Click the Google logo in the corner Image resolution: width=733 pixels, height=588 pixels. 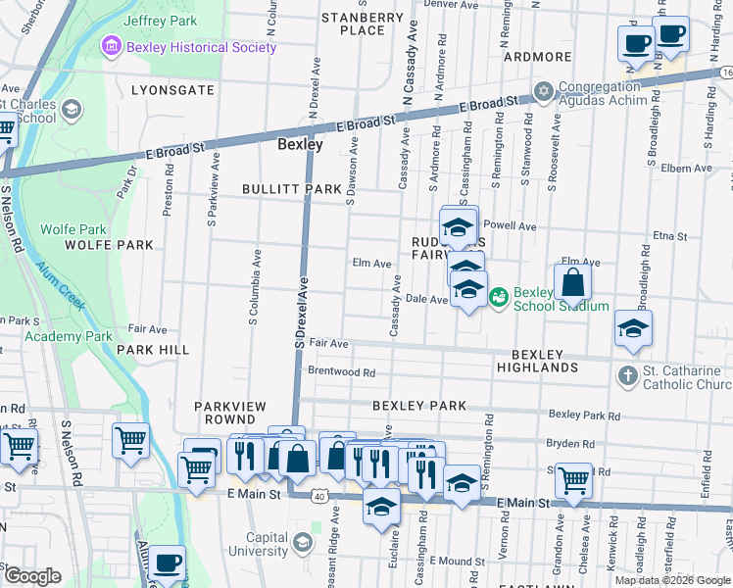32,576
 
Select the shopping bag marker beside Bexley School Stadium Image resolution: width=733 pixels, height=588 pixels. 573,284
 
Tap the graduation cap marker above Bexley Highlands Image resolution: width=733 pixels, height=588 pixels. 633,330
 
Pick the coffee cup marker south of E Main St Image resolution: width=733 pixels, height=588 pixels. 167,563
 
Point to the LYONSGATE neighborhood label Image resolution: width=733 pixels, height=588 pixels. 172,89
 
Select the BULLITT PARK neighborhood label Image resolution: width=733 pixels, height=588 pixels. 292,188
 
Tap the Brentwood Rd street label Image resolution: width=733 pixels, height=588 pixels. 341,372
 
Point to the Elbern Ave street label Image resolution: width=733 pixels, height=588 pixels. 685,169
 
